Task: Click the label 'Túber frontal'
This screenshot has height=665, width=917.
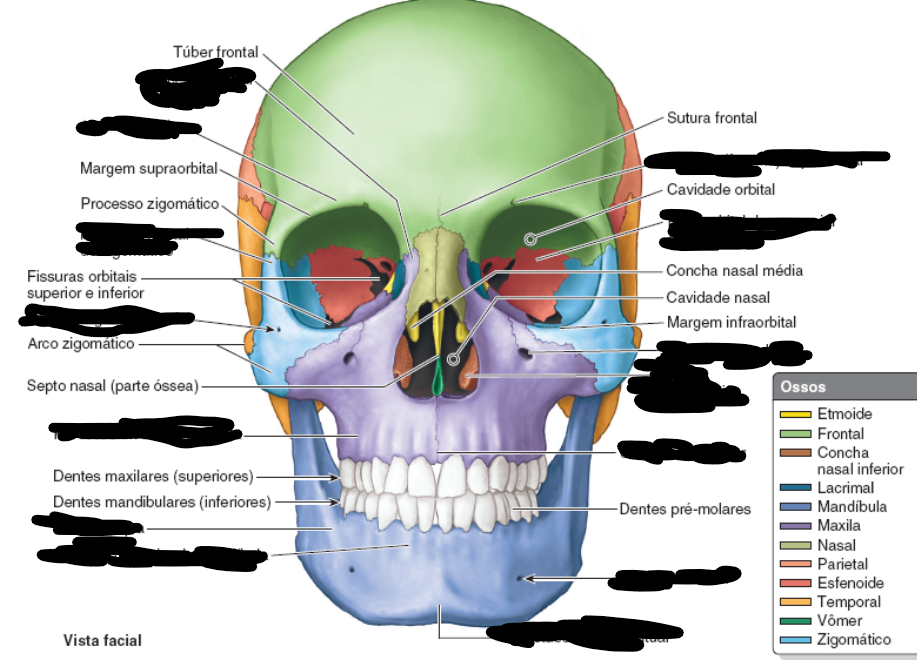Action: tap(215, 51)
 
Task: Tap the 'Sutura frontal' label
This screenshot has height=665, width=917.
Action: tap(711, 118)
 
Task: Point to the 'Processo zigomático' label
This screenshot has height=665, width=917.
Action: tap(150, 204)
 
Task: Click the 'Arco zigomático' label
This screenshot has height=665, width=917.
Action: tap(81, 344)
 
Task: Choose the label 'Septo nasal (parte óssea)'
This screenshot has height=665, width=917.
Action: tap(112, 385)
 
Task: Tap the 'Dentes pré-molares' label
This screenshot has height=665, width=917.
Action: tap(684, 509)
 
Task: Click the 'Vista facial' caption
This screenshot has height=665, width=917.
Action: tap(102, 640)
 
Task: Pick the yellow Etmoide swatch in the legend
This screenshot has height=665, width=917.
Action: tap(795, 414)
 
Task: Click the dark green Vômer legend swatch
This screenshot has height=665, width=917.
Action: tap(795, 621)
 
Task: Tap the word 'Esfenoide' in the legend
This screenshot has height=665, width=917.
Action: tap(850, 582)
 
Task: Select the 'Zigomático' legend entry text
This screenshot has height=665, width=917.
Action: tap(853, 640)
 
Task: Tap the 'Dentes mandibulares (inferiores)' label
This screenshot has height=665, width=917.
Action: tap(161, 502)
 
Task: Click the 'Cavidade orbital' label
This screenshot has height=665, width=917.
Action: tap(720, 189)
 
